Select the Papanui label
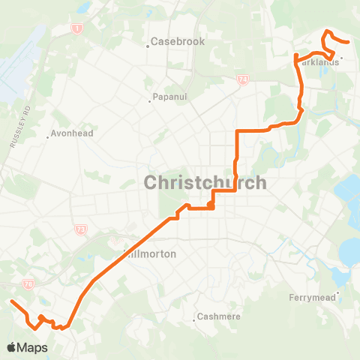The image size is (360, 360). [x=169, y=97]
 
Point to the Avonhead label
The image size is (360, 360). [x=70, y=135]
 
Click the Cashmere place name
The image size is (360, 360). [x=220, y=316]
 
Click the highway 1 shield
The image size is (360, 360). [x=76, y=28]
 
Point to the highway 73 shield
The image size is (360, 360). [x=80, y=229]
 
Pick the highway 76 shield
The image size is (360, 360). [x=28, y=284]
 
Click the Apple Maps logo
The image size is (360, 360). [x=26, y=347]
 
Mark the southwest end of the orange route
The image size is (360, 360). [x=11, y=301]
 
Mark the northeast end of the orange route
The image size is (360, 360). [x=349, y=43]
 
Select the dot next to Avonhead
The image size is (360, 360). [x=47, y=137]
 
